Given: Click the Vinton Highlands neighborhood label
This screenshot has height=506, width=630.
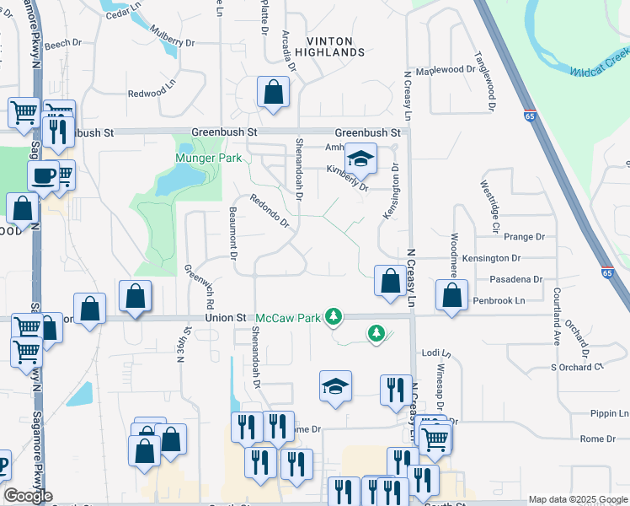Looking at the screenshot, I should (x=335, y=46).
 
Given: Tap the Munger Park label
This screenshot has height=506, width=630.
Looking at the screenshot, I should (x=208, y=158).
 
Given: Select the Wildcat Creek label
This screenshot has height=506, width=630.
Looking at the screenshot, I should (x=599, y=64).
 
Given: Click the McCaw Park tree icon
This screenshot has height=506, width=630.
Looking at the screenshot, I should (x=334, y=316).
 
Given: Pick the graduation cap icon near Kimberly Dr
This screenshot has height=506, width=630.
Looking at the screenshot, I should (x=360, y=158).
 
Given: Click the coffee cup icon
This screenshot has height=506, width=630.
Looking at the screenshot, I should (x=43, y=176).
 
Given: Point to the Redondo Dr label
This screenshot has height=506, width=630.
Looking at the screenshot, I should (x=270, y=212).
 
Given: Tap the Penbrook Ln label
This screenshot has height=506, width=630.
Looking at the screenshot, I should (x=499, y=300).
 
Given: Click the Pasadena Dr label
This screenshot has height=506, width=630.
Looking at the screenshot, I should (x=516, y=279).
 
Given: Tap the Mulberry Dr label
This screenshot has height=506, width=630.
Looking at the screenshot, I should (x=172, y=41).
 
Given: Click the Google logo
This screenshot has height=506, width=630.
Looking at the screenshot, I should (x=28, y=496).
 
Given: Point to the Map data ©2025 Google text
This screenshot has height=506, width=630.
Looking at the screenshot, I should (x=577, y=499).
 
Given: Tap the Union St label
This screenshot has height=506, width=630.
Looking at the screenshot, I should (x=227, y=318).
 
